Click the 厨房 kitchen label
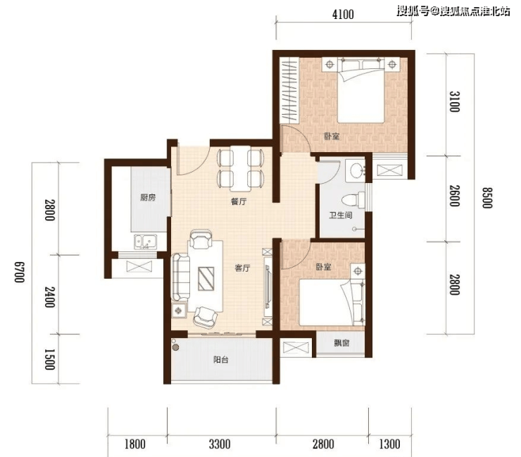click(148, 197)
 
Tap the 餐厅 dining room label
click(239, 201)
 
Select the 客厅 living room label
click(242, 268)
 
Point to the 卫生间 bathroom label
click(341, 215)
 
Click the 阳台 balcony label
click(220, 360)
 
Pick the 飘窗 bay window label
click(341, 343)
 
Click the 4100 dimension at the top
click(343, 15)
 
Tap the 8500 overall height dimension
click(487, 198)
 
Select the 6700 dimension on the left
click(19, 272)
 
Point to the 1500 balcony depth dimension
click(49, 359)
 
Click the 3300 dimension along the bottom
click(220, 444)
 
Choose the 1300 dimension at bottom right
click(389, 444)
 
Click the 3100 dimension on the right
click(454, 101)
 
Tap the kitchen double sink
click(146, 242)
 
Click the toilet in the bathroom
click(353, 200)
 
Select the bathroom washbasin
click(356, 170)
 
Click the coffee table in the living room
click(206, 279)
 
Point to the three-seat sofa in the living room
click(180, 277)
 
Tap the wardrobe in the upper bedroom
click(289, 90)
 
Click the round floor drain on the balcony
click(176, 348)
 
